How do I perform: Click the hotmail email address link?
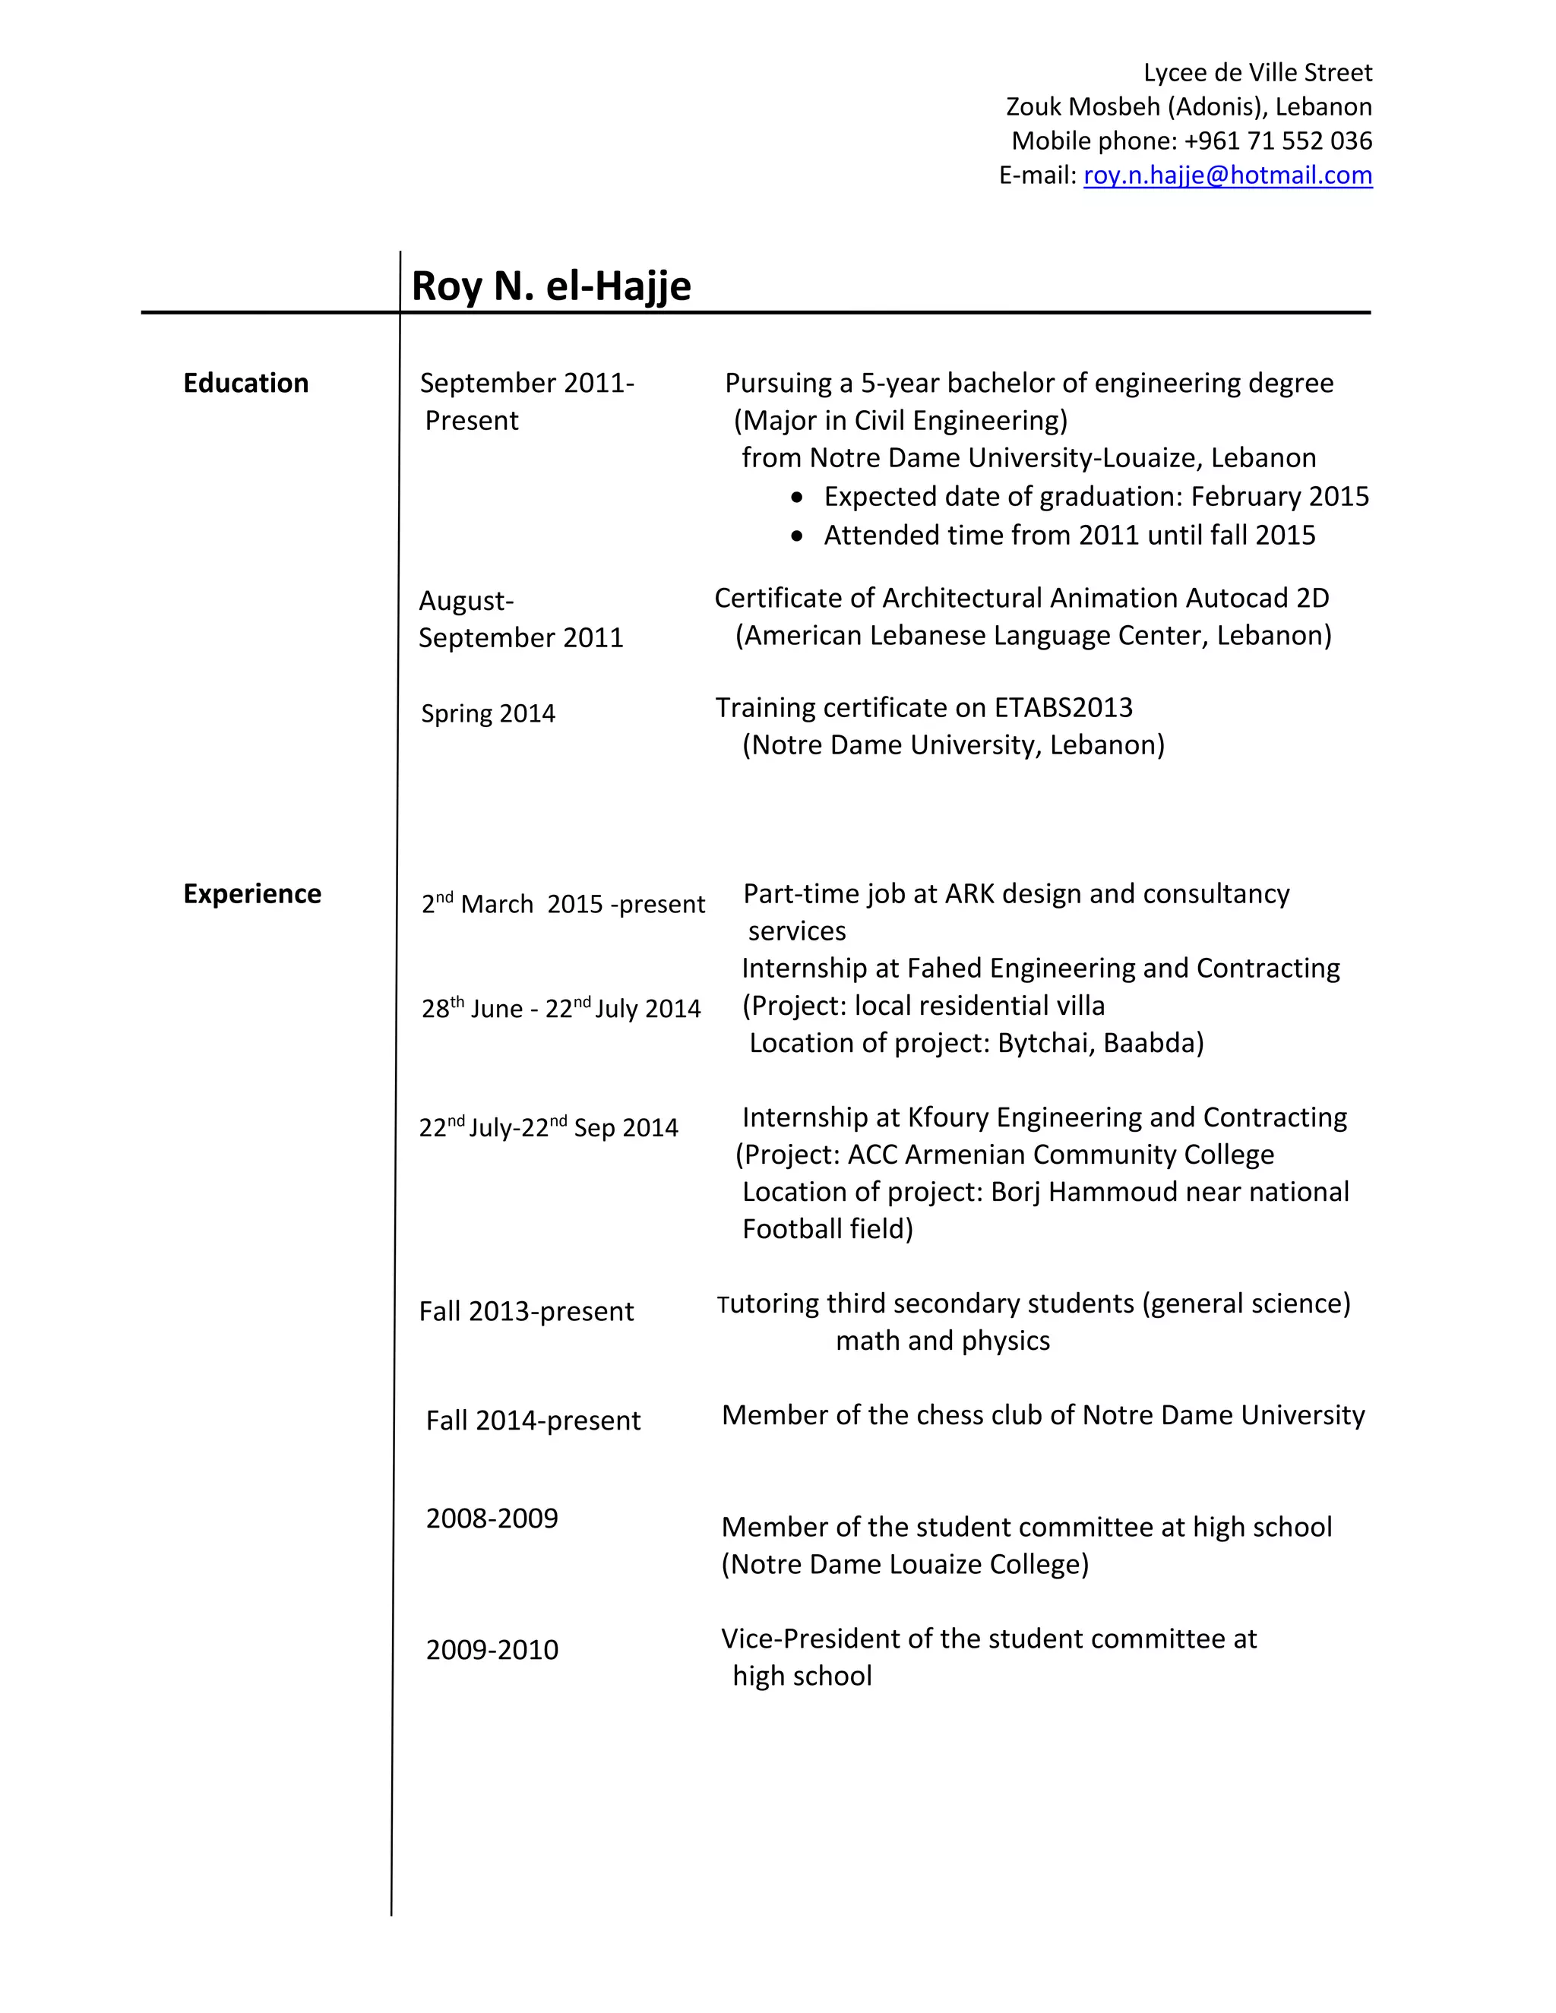point(1227,175)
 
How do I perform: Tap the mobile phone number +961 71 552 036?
point(1278,141)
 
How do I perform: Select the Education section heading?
point(245,384)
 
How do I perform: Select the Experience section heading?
point(251,894)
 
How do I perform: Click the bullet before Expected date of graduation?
point(797,498)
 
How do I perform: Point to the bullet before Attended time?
point(797,537)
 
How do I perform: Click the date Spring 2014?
point(488,714)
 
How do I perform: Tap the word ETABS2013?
point(1063,708)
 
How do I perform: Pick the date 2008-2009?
point(492,1518)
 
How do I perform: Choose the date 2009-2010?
point(492,1650)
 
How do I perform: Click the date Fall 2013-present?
point(526,1312)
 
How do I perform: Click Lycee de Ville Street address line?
point(1257,73)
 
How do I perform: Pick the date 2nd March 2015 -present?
point(562,904)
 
